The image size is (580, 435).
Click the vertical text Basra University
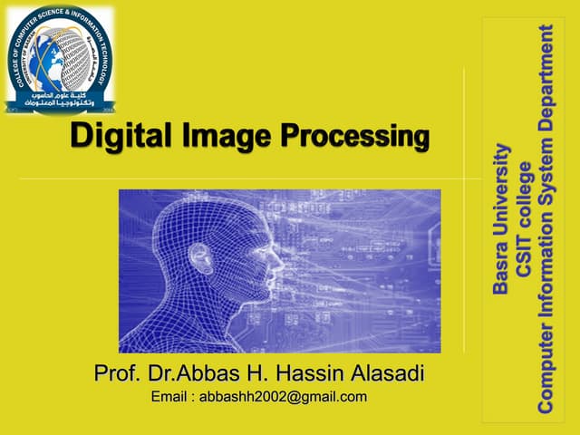[501, 217]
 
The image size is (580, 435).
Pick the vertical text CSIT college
[523, 217]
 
